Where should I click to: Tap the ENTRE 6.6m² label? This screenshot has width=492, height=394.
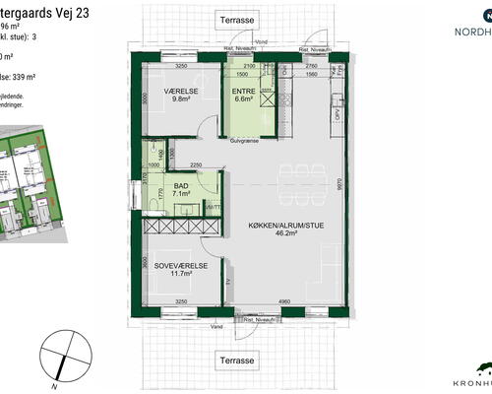(242, 94)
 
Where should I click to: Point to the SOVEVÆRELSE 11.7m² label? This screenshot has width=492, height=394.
(179, 269)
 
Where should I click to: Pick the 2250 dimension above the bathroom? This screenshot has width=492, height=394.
(196, 164)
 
